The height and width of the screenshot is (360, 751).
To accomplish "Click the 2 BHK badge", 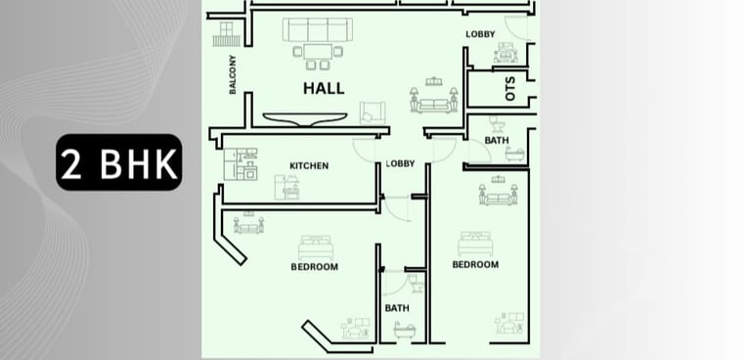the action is click(x=118, y=162).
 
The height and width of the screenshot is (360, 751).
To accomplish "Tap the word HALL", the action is click(x=324, y=88).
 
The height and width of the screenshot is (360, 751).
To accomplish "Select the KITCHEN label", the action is click(x=309, y=166).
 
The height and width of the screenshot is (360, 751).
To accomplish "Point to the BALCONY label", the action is click(x=233, y=74).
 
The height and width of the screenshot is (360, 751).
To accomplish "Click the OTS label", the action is click(x=510, y=89).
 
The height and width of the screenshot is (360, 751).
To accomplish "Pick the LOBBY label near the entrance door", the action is click(x=480, y=34).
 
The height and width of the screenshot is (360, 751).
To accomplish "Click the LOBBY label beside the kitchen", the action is click(x=400, y=163).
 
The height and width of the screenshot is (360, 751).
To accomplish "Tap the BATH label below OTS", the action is click(x=497, y=141).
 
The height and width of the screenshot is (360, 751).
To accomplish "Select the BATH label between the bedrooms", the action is click(x=397, y=308).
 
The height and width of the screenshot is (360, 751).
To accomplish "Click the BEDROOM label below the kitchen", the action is click(x=314, y=266).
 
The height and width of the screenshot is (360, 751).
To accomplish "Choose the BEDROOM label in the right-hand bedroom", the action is click(x=475, y=264).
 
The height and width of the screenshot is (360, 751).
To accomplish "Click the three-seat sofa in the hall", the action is click(x=318, y=29).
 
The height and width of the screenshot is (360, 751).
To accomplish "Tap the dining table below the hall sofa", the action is click(x=318, y=51).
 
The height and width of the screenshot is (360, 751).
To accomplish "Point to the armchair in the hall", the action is click(x=373, y=113).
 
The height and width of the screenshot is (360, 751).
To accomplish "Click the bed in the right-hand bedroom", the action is click(x=475, y=244).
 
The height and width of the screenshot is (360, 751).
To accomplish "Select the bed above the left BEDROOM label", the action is click(x=316, y=247).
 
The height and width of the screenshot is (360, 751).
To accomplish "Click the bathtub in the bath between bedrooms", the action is click(x=404, y=331).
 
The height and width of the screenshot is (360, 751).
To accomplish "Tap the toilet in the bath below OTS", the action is click(x=497, y=125).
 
